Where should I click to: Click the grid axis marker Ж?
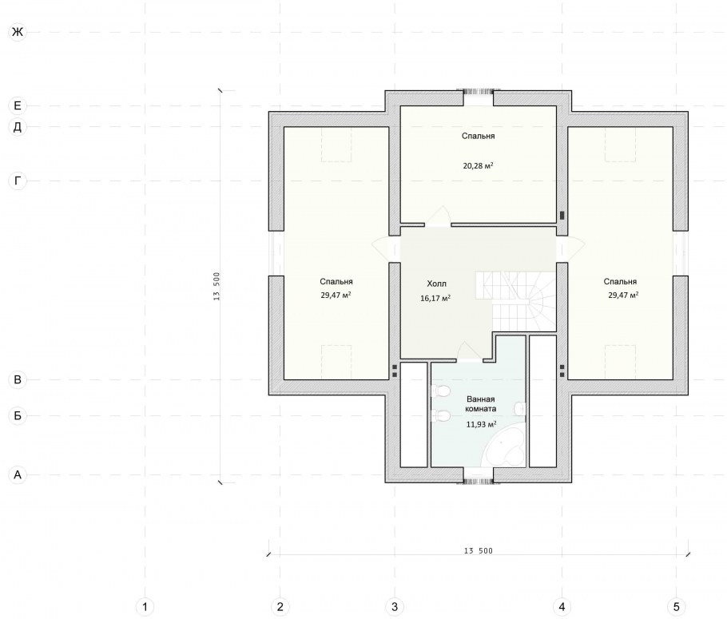point(18,32)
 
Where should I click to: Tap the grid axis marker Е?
point(18,105)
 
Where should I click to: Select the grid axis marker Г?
point(18,181)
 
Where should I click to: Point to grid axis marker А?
point(18,475)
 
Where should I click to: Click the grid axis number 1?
point(145,606)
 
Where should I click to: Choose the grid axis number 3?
point(395,606)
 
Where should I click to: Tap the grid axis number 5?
point(676,606)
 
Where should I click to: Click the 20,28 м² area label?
point(478,165)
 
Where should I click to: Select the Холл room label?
point(436,284)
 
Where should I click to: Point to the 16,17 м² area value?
point(435,298)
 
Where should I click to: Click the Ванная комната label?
point(481,404)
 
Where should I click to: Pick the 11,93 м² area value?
point(481,424)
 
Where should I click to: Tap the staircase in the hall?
point(515,300)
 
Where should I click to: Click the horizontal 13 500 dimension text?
point(478,551)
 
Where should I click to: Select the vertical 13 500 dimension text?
point(217,286)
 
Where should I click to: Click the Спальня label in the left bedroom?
point(336,281)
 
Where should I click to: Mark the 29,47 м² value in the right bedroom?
point(623,295)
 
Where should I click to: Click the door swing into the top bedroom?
point(438,216)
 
